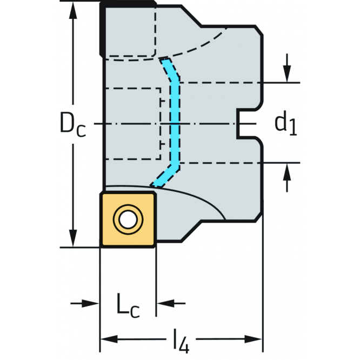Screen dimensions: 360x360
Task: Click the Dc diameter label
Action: click(x=72, y=125)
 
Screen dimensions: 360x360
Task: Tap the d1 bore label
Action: click(x=285, y=124)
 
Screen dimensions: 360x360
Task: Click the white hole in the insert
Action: click(x=128, y=219)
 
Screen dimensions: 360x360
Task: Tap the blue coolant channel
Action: click(x=174, y=124)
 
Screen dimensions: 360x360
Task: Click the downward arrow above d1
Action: click(x=287, y=73)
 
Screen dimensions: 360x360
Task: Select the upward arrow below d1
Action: click(x=287, y=172)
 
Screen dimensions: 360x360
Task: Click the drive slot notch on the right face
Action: click(x=246, y=125)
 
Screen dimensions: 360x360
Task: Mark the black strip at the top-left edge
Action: click(x=102, y=30)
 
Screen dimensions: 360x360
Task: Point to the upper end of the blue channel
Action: click(x=164, y=59)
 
